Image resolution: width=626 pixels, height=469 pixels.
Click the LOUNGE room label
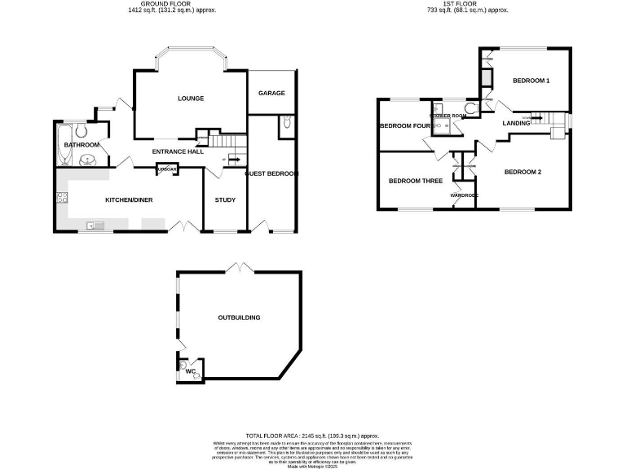pyautogui.click(x=191, y=99)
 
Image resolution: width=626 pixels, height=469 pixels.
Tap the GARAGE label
pyautogui.click(x=271, y=93)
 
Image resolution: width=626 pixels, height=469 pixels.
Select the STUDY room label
pyautogui.click(x=225, y=199)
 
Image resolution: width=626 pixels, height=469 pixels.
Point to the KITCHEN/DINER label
pyautogui.click(x=129, y=199)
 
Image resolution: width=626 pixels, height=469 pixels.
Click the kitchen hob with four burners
pyautogui.click(x=60, y=198)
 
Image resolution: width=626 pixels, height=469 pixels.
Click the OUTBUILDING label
pyautogui.click(x=239, y=318)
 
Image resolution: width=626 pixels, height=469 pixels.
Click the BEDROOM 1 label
pyautogui.click(x=531, y=81)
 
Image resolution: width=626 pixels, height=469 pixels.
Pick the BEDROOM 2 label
pyautogui.click(x=522, y=172)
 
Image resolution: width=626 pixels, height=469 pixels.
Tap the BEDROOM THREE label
pyautogui.click(x=415, y=181)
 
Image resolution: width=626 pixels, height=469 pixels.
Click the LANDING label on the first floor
pyautogui.click(x=516, y=123)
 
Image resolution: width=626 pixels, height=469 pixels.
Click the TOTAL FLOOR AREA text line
pyautogui.click(x=313, y=436)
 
